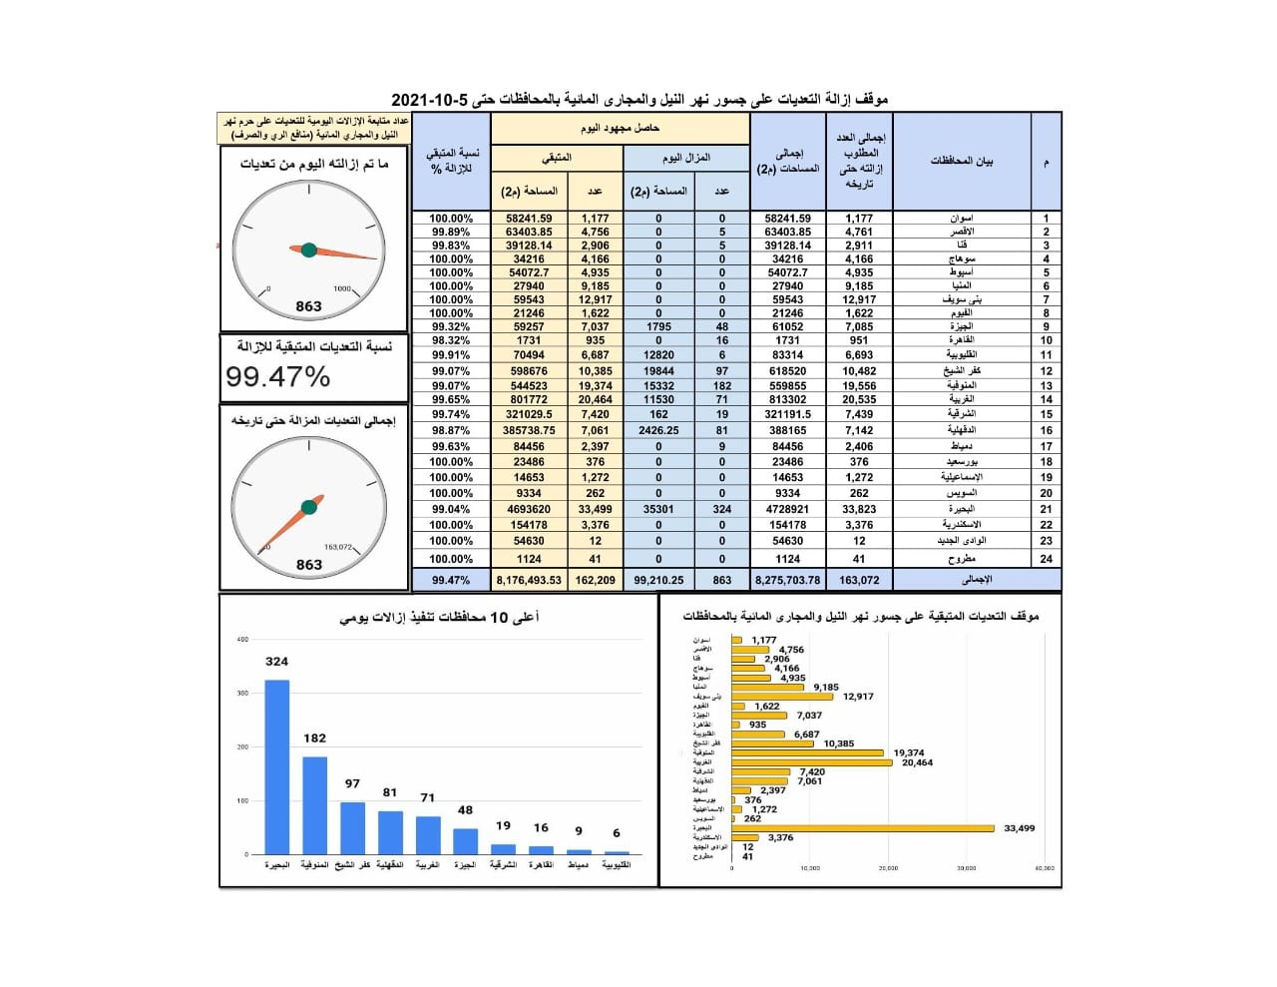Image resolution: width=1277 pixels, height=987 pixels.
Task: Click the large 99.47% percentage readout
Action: tap(277, 377)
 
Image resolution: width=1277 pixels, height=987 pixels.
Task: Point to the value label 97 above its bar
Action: tap(352, 783)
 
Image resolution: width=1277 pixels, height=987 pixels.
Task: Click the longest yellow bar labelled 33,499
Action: tap(863, 828)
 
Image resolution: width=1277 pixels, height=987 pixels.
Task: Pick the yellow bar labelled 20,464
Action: tap(812, 762)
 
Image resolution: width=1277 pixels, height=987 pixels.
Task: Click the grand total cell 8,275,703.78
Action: tap(788, 580)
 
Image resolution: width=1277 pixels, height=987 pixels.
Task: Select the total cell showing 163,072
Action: tap(859, 580)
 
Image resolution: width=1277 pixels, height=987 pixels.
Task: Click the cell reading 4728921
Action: tap(788, 509)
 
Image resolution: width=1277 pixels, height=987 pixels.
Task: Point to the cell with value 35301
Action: tap(658, 509)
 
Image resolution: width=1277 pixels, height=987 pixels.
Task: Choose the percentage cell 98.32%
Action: tap(451, 340)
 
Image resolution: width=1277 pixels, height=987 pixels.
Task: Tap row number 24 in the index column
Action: tap(1046, 559)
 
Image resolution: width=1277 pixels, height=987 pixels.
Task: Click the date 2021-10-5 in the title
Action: tap(429, 100)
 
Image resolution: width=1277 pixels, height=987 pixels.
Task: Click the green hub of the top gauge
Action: tap(309, 249)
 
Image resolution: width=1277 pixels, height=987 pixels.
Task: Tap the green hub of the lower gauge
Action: tap(309, 508)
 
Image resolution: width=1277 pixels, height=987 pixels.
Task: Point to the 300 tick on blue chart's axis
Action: tap(242, 693)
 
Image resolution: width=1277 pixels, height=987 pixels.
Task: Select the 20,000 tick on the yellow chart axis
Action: tap(888, 868)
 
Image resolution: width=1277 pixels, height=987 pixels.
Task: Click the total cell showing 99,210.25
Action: tap(658, 580)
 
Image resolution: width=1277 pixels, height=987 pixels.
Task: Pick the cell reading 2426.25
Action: tap(658, 431)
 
